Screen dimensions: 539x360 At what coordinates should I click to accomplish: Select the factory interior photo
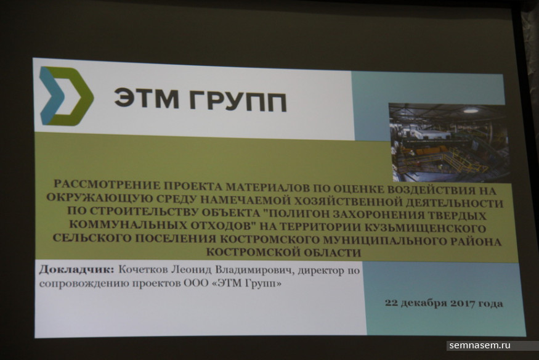click(x=449, y=142)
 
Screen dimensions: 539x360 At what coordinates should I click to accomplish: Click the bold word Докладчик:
click(x=76, y=269)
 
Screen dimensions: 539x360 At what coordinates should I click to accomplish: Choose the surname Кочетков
click(x=144, y=270)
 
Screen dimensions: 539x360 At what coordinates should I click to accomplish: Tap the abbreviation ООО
click(x=197, y=284)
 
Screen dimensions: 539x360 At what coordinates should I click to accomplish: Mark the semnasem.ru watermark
click(x=480, y=345)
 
